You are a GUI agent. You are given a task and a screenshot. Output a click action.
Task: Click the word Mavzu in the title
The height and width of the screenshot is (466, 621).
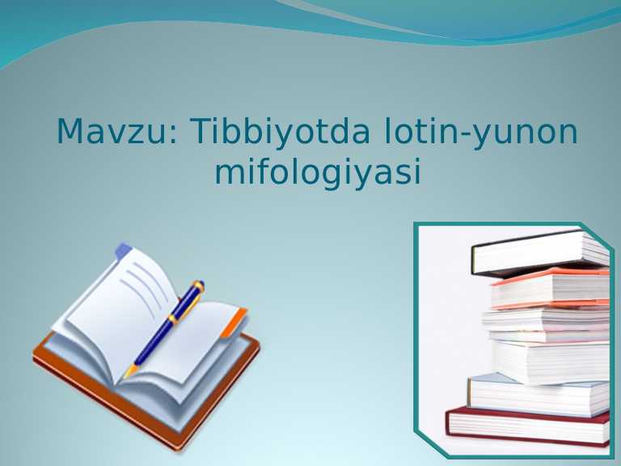click(x=112, y=132)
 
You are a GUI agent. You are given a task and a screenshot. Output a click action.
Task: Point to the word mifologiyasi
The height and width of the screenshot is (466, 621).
click(x=318, y=172)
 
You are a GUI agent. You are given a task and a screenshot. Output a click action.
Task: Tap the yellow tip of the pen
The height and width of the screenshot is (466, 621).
click(x=129, y=373)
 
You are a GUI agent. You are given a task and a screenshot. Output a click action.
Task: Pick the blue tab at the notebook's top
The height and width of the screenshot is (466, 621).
click(x=123, y=252)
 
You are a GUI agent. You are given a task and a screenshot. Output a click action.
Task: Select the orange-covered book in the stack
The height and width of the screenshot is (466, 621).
click(x=550, y=288)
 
